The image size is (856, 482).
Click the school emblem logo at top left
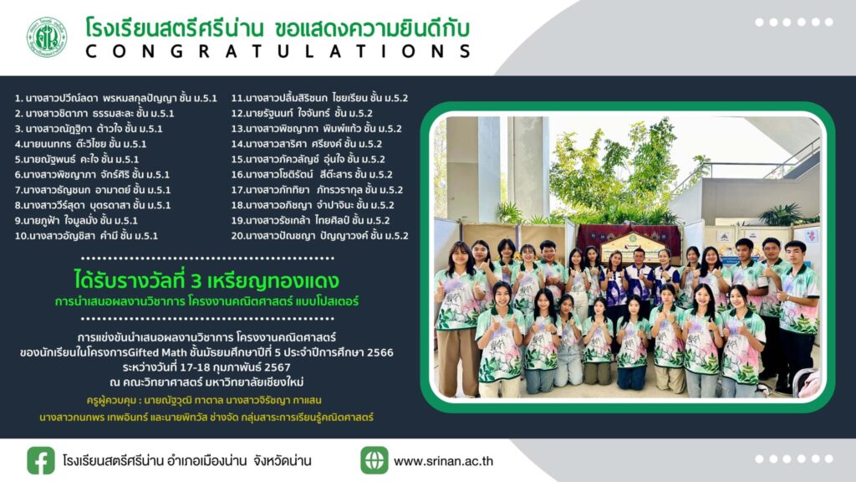pyautogui.click(x=47, y=37)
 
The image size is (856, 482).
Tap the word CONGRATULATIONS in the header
pyautogui.click(x=278, y=51)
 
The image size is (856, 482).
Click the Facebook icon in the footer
pyautogui.click(x=41, y=461)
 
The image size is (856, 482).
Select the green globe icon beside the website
pyautogui.click(x=374, y=460)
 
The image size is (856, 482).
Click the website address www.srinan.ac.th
pyautogui.click(x=443, y=461)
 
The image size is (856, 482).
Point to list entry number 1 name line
pyautogui.click(x=115, y=99)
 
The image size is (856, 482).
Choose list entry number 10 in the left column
pyautogui.click(x=86, y=236)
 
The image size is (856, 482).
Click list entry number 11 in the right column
pyautogui.click(x=319, y=99)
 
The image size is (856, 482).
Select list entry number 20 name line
pyautogui.click(x=319, y=236)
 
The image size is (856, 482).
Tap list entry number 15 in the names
pyautogui.click(x=308, y=160)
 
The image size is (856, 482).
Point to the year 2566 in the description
pyautogui.click(x=380, y=352)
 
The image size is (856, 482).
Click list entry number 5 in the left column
pyautogui.click(x=77, y=160)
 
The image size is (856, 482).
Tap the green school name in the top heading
pyautogui.click(x=175, y=28)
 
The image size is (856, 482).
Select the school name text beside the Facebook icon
pyautogui.click(x=186, y=461)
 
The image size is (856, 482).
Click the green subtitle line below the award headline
pyautogui.click(x=206, y=301)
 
